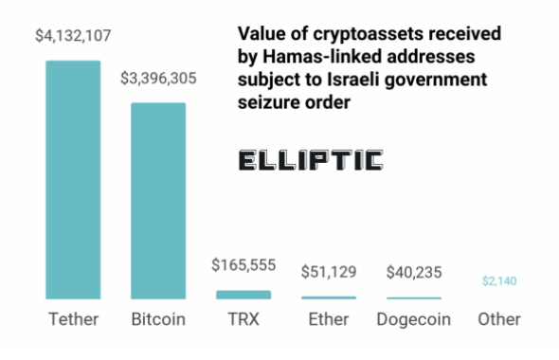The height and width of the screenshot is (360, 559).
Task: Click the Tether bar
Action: (x=73, y=180)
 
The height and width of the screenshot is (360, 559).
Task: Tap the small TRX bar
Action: (x=243, y=295)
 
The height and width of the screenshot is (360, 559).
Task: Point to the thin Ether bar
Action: (x=328, y=297)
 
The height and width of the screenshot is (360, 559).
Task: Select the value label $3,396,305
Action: (x=158, y=79)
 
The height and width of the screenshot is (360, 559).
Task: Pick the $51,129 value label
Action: (x=329, y=273)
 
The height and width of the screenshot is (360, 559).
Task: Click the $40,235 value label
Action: (x=414, y=273)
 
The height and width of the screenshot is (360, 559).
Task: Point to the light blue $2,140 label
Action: (x=499, y=281)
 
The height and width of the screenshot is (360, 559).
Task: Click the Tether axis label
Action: (x=73, y=319)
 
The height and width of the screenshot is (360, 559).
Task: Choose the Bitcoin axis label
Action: (x=158, y=319)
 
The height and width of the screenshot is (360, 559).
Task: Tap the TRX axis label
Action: (x=243, y=319)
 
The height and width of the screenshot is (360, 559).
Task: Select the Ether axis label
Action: (x=329, y=319)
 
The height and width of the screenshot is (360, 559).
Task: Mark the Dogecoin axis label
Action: (x=414, y=319)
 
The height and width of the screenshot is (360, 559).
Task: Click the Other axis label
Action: (x=499, y=319)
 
